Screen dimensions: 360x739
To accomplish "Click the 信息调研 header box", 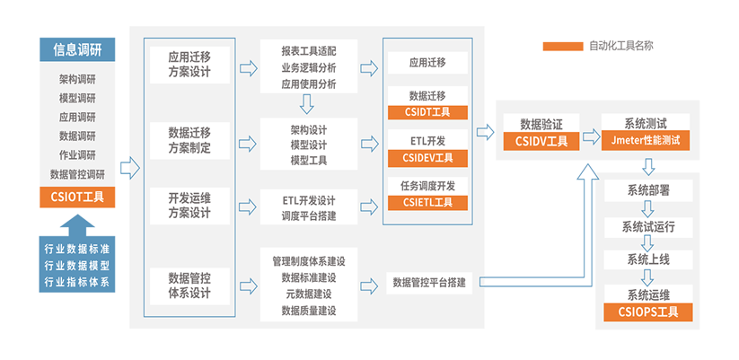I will (x=77, y=50).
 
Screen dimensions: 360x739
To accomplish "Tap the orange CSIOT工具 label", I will (x=77, y=197).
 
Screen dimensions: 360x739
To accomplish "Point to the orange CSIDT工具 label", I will (x=429, y=112).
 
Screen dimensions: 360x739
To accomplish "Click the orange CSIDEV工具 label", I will (x=429, y=158).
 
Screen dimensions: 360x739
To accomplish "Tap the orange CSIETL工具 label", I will (x=429, y=203).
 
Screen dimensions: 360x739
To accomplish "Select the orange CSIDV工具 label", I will (x=541, y=141).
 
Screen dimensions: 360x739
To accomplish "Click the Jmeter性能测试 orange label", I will (x=646, y=141).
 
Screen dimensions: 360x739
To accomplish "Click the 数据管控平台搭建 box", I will (x=429, y=283).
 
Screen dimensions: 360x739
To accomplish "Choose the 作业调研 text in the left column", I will (x=77, y=154).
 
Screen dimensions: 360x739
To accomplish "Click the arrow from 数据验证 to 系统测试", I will (x=590, y=136).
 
